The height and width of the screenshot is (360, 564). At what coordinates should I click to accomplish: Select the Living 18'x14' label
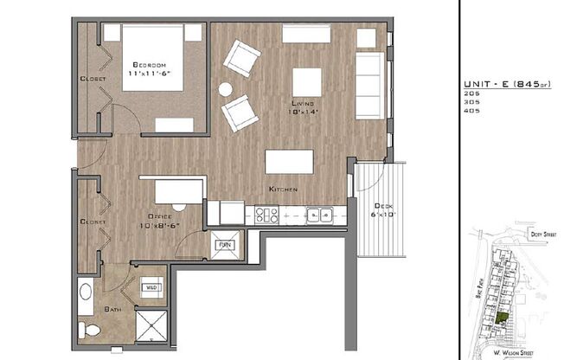[304, 106]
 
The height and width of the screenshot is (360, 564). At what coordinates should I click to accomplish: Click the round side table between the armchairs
[226, 88]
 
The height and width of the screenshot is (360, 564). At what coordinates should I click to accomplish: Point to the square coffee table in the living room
[307, 81]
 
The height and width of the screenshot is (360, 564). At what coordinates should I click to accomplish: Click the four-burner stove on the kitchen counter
[265, 213]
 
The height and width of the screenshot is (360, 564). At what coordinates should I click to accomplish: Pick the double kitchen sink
[319, 214]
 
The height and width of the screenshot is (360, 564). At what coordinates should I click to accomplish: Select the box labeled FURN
[225, 246]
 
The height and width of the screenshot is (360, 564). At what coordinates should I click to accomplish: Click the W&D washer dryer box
[151, 287]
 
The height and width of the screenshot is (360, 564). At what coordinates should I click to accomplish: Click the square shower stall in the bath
[153, 327]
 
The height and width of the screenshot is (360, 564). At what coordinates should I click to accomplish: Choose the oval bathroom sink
[85, 292]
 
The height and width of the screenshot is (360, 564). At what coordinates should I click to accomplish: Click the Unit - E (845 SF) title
[501, 84]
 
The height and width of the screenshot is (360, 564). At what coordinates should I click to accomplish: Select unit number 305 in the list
[472, 102]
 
